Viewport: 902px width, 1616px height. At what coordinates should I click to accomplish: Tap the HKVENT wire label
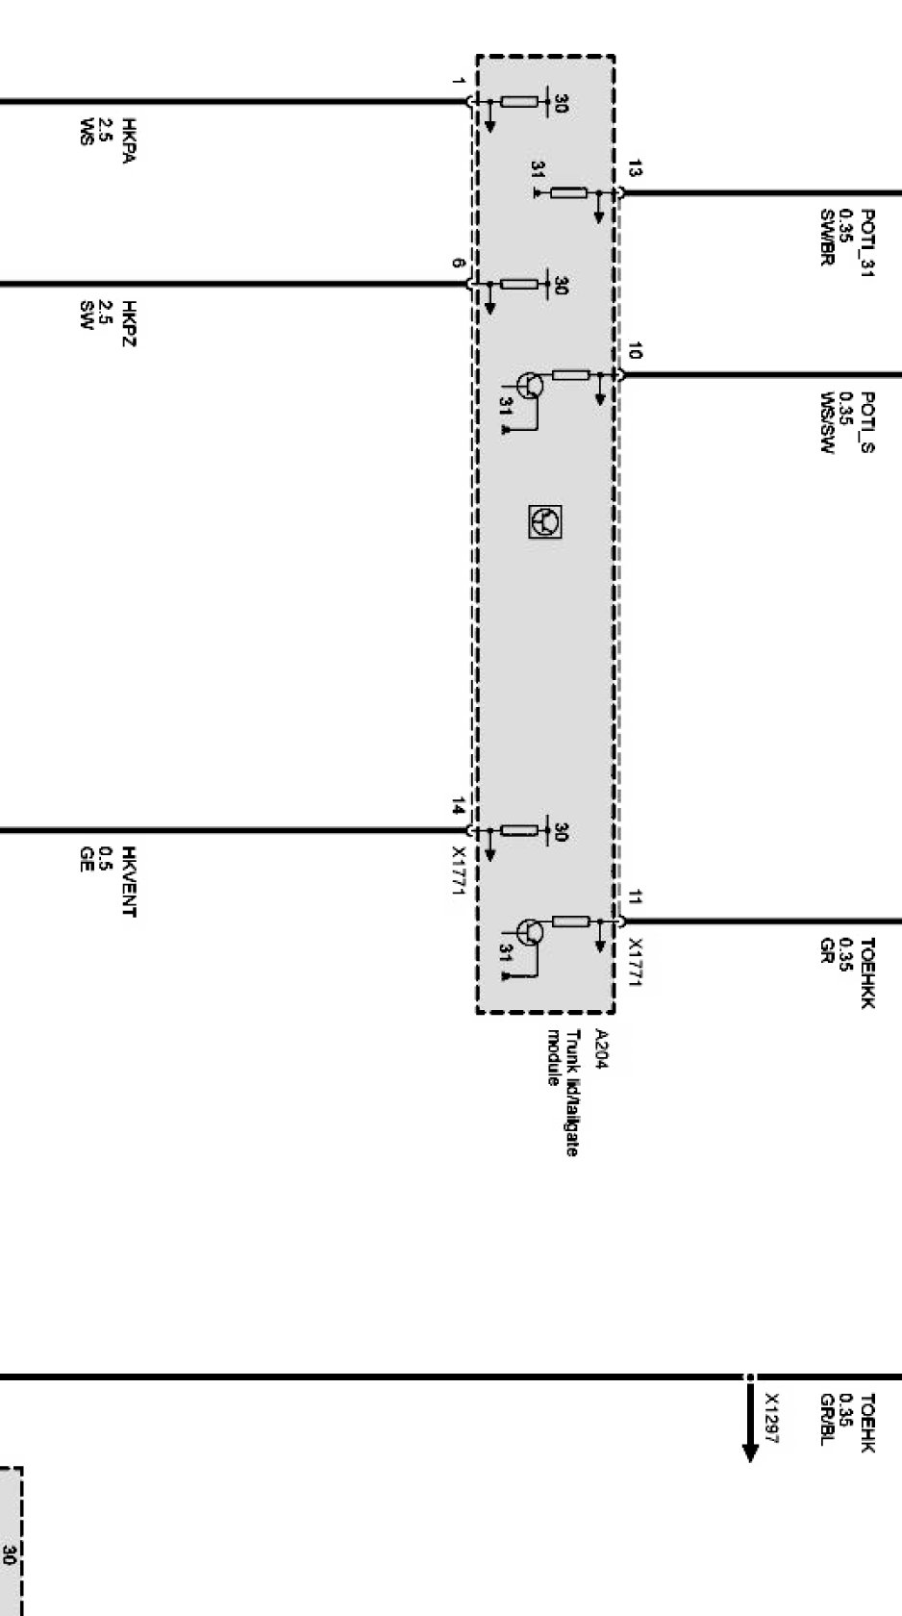point(128,881)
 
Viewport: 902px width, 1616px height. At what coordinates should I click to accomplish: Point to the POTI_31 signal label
point(866,242)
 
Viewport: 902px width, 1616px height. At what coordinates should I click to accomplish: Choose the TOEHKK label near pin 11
point(866,972)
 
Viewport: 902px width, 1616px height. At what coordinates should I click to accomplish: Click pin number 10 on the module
point(634,351)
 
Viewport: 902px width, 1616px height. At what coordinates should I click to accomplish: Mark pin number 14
point(459,806)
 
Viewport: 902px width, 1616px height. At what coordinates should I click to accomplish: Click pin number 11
point(634,898)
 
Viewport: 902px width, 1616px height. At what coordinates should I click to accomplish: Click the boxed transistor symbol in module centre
point(545,521)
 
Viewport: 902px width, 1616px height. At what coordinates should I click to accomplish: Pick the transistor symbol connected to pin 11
point(528,932)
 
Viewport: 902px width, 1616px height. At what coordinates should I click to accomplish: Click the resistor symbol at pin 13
point(568,193)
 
